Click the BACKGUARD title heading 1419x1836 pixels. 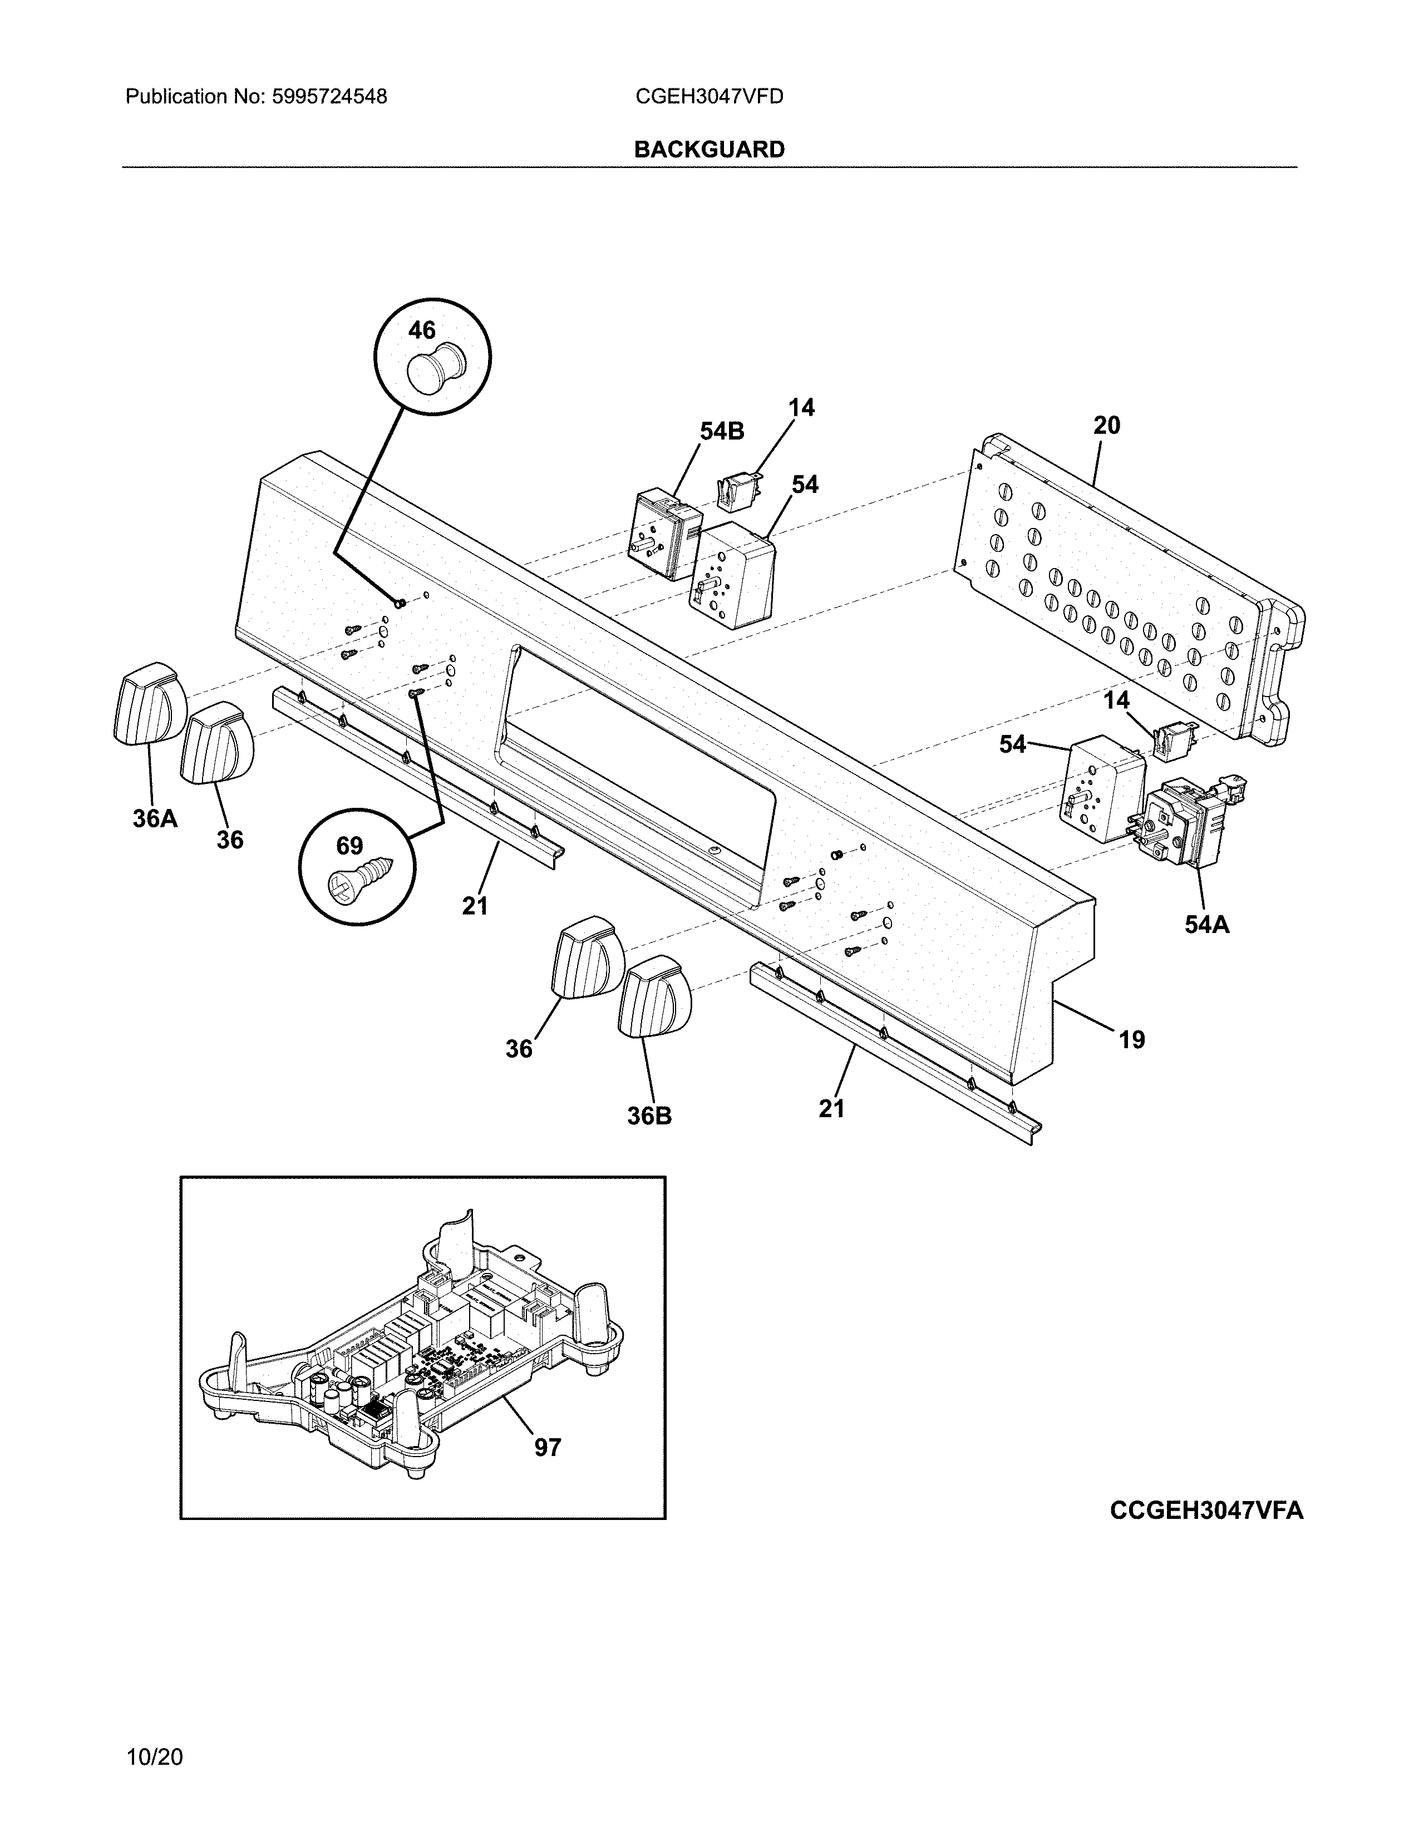[x=708, y=150]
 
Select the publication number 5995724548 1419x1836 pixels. [x=329, y=97]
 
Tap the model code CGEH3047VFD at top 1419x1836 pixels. [x=708, y=97]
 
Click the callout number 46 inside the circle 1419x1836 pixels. [x=422, y=331]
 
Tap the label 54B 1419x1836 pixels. [x=722, y=431]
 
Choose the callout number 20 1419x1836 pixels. [x=1106, y=426]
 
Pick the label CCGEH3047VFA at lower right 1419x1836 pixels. [x=1206, y=1511]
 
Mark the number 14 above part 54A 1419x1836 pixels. [x=1116, y=700]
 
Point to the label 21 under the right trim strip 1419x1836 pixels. [x=831, y=1109]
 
